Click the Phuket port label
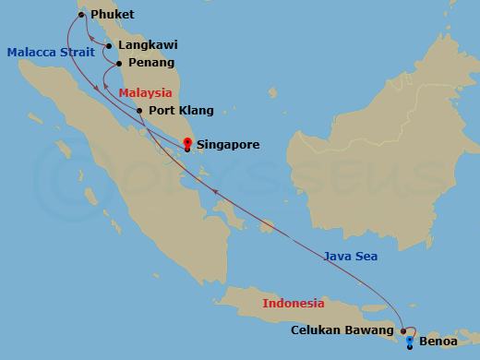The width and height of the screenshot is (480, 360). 112,15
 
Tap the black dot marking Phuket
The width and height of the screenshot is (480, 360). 82,15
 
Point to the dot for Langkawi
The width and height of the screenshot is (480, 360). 109,44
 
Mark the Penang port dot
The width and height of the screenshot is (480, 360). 118,64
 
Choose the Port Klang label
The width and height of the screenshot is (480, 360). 181,111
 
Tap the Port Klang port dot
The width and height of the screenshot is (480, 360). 139,111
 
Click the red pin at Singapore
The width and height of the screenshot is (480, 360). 187,143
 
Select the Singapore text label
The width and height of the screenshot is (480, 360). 228,145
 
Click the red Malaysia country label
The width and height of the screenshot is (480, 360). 146,93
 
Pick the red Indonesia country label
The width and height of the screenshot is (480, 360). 294,303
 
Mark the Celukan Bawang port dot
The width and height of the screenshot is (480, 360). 402,330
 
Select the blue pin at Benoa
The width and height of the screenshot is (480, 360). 410,342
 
